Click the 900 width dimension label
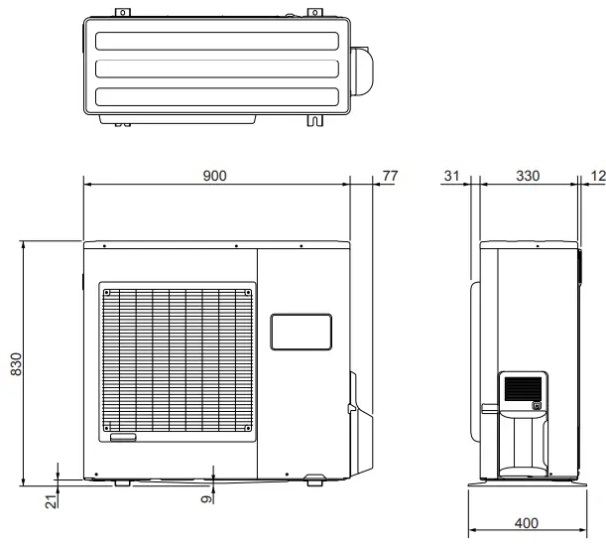pyautogui.click(x=215, y=176)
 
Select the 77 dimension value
pyautogui.click(x=389, y=176)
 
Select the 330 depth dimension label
pyautogui.click(x=528, y=176)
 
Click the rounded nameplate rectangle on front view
pyautogui.click(x=301, y=332)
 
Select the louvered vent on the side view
pyautogui.click(x=522, y=388)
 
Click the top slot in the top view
pyautogui.click(x=215, y=43)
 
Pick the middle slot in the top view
pyautogui.click(x=215, y=70)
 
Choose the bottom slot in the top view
pyautogui.click(x=215, y=98)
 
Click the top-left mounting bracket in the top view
pyautogui.click(x=122, y=13)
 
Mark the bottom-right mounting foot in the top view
pyautogui.click(x=316, y=121)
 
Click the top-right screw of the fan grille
pyautogui.click(x=245, y=293)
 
